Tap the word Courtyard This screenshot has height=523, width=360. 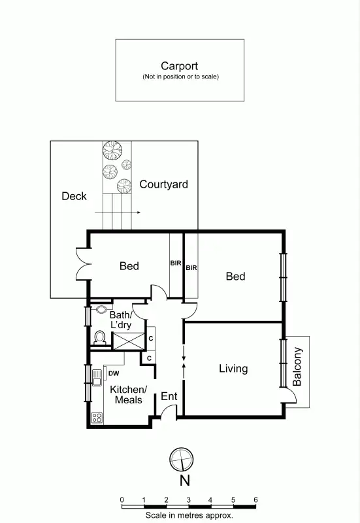[x=163, y=184]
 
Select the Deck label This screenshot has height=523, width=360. [x=74, y=196]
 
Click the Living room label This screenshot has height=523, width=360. [x=233, y=369]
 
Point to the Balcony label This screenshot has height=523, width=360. [x=297, y=367]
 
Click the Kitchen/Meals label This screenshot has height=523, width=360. [x=129, y=394]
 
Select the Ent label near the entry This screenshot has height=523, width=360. [x=169, y=396]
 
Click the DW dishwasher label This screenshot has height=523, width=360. [x=114, y=373]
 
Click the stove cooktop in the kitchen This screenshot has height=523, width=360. [x=98, y=417]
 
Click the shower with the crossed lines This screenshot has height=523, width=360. [x=128, y=341]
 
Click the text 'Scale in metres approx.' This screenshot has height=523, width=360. [x=189, y=515]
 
